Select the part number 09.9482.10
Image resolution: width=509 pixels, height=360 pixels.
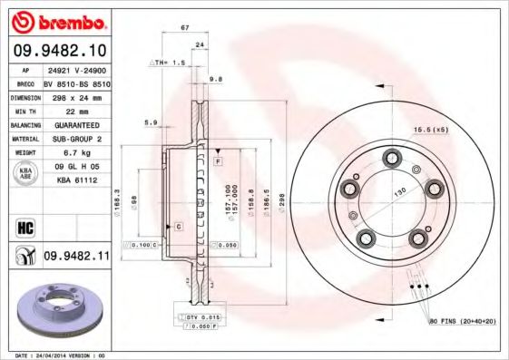(60, 51)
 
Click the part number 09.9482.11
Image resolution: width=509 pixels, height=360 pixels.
(75, 257)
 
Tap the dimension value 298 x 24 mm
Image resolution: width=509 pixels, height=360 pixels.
(75, 96)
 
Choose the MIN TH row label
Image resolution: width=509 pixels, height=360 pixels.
(25, 111)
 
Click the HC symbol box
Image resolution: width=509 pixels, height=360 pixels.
(24, 225)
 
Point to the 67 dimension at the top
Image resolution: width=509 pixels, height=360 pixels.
(185, 29)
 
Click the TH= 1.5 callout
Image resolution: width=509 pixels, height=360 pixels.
(168, 63)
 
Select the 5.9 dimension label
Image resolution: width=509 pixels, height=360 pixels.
(151, 122)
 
